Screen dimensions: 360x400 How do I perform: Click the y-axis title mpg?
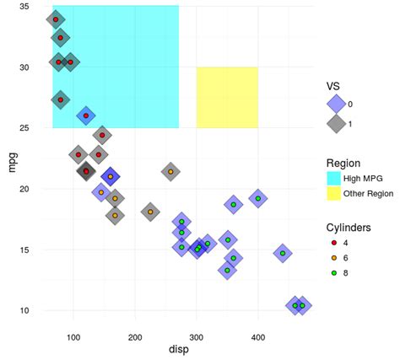coord(12,160)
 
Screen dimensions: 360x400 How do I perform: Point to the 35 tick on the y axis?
coord(24,7)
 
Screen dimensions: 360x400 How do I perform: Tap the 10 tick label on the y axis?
coord(24,310)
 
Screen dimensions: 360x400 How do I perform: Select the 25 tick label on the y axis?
coord(24,128)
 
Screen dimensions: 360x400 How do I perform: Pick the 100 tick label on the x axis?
coord(73,336)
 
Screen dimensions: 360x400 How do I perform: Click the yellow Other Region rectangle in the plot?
coord(227,97)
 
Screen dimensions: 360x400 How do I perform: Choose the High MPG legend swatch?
coord(335,178)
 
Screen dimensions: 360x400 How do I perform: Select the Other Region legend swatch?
coord(335,194)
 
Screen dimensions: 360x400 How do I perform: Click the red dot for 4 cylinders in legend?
coord(335,243)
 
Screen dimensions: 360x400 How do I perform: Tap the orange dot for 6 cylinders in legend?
coord(335,259)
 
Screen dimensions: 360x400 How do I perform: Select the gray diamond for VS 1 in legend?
coord(335,122)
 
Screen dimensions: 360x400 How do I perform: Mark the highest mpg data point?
coord(56,19)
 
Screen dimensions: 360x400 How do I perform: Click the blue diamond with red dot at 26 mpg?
coord(85,116)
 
